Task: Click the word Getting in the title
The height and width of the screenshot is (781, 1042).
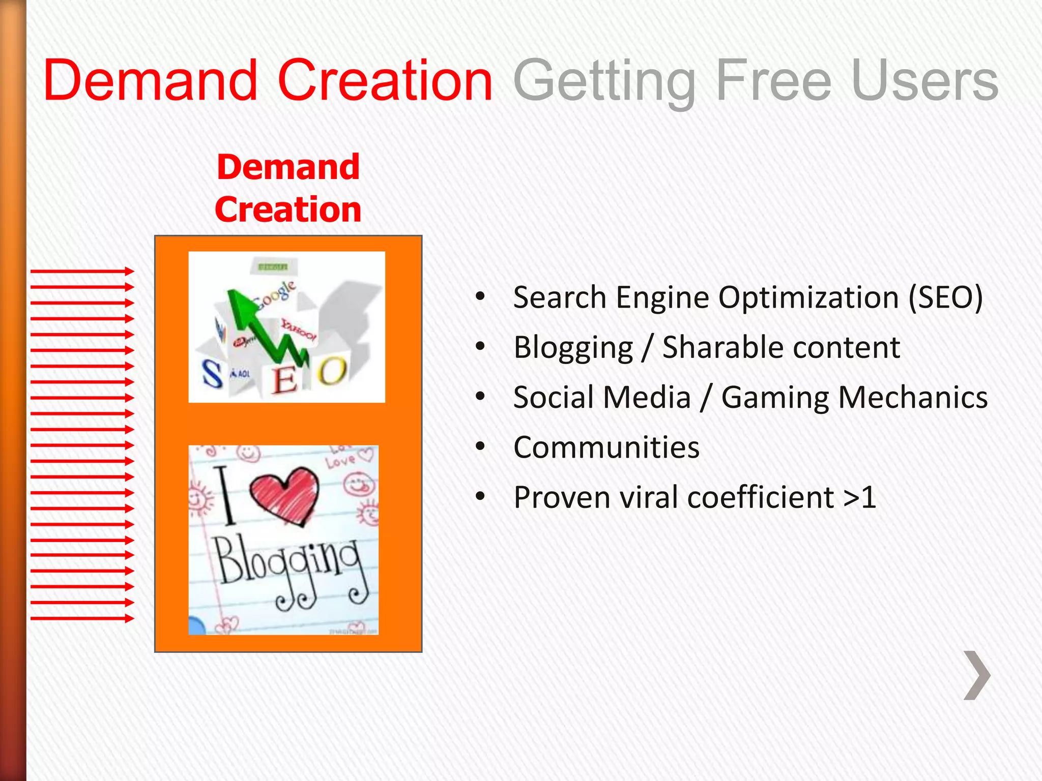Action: (604, 81)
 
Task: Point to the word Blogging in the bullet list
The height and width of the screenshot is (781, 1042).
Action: (573, 348)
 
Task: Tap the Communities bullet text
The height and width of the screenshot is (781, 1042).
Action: (606, 447)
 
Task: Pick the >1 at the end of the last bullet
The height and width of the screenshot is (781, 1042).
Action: (859, 497)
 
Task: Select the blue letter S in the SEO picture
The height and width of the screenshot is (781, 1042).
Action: (212, 374)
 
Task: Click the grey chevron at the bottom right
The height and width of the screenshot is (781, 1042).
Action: (977, 675)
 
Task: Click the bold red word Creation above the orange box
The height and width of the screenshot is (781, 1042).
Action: (288, 209)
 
